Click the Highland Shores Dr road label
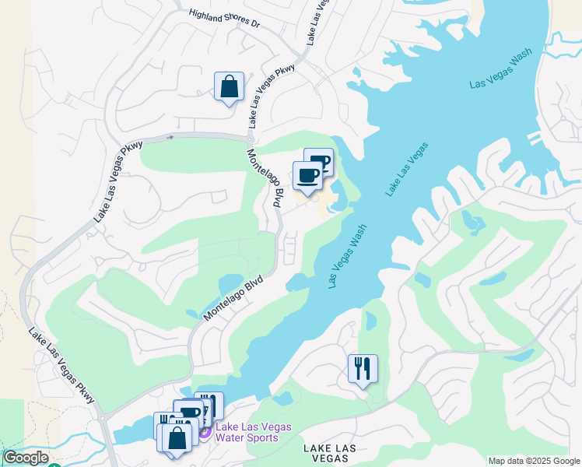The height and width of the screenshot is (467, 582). [224, 18]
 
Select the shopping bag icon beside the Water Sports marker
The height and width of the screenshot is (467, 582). [177, 437]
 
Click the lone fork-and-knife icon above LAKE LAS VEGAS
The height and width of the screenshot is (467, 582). [363, 369]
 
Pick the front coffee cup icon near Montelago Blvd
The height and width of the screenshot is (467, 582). [307, 175]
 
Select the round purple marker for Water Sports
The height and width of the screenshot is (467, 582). [205, 431]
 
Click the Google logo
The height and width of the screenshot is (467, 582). [26, 458]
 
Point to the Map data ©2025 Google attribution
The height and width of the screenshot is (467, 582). [534, 461]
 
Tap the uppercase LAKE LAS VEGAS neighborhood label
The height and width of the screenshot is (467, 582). [332, 455]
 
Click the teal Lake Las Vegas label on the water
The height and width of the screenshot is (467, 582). [406, 169]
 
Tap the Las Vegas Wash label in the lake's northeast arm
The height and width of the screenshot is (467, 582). [500, 72]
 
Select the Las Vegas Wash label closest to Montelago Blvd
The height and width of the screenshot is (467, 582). [347, 257]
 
